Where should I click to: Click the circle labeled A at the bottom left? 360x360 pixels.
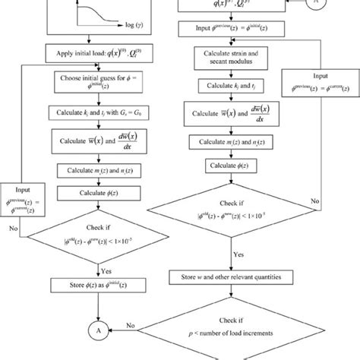coord(96,332)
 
